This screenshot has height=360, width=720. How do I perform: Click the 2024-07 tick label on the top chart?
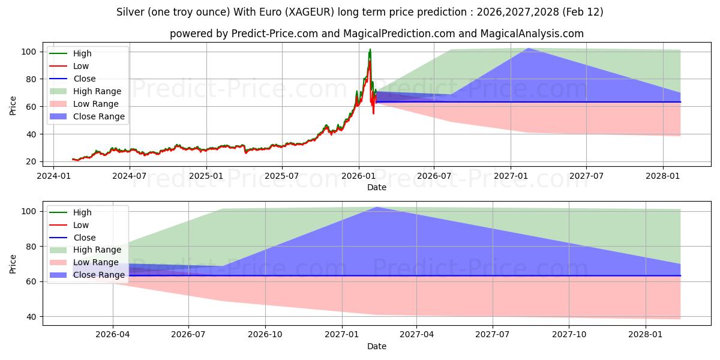click(130, 176)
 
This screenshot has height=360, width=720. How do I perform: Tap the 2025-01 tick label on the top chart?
click(206, 176)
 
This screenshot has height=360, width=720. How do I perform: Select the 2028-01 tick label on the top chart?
click(663, 176)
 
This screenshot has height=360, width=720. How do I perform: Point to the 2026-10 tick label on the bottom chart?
click(265, 335)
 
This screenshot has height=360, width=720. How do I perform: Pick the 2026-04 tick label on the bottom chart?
click(113, 335)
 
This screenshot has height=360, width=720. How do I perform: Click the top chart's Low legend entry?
click(81, 66)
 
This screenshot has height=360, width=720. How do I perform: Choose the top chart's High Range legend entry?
click(97, 91)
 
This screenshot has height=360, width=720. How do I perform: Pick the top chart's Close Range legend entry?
click(98, 116)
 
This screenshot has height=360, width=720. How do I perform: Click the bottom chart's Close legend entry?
click(84, 238)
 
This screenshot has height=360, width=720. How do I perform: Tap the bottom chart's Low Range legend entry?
click(95, 263)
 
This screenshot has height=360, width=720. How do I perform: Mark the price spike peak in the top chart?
click(370, 49)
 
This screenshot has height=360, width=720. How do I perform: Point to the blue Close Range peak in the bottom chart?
click(376, 207)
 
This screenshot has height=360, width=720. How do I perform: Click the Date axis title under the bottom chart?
click(377, 346)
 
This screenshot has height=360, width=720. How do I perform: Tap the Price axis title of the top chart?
click(13, 105)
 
